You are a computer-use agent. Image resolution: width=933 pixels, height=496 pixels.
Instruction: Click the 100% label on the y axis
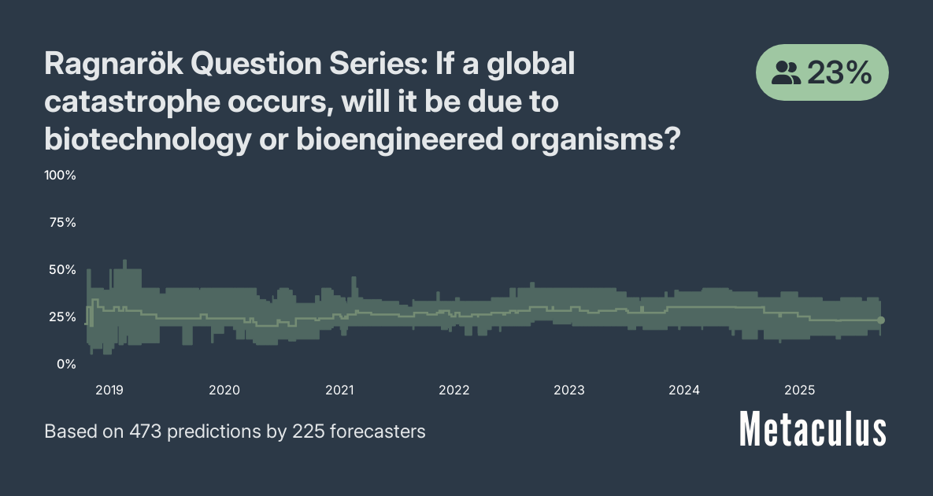pyautogui.click(x=60, y=176)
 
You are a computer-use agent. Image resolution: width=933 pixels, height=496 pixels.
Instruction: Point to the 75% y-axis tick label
pyautogui.click(x=62, y=223)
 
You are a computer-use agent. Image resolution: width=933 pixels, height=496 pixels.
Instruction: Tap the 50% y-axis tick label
pyautogui.click(x=62, y=269)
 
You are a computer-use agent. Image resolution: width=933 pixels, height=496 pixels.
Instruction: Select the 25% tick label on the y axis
pyautogui.click(x=62, y=317)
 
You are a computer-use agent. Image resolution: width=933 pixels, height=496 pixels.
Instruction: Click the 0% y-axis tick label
pyautogui.click(x=67, y=364)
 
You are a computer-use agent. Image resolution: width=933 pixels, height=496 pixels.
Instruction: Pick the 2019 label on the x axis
pyautogui.click(x=109, y=391)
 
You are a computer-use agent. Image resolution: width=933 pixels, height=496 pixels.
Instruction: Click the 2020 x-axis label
pyautogui.click(x=224, y=391)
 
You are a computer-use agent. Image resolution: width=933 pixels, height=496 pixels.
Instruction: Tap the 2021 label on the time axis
pyautogui.click(x=339, y=391)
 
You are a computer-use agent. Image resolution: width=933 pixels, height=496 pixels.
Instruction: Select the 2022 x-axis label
pyautogui.click(x=454, y=391)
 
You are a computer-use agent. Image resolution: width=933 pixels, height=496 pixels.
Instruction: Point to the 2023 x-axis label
pyautogui.click(x=568, y=391)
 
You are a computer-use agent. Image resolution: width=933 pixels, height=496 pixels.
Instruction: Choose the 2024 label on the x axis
pyautogui.click(x=683, y=391)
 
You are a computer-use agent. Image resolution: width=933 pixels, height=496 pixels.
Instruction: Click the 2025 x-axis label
pyautogui.click(x=800, y=391)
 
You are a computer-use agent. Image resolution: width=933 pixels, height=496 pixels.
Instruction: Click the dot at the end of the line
pyautogui.click(x=881, y=320)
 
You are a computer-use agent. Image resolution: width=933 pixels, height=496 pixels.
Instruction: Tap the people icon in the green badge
pyautogui.click(x=786, y=73)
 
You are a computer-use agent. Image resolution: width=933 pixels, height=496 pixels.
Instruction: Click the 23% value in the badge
pyautogui.click(x=839, y=73)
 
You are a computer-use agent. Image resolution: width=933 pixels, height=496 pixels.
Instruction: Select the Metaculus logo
pyautogui.click(x=813, y=429)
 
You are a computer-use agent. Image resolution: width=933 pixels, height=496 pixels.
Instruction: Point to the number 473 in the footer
pyautogui.click(x=145, y=431)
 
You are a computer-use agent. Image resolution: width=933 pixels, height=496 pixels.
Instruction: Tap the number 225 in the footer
pyautogui.click(x=308, y=431)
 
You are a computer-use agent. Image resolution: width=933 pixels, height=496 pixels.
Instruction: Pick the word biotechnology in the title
pyautogui.click(x=147, y=140)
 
